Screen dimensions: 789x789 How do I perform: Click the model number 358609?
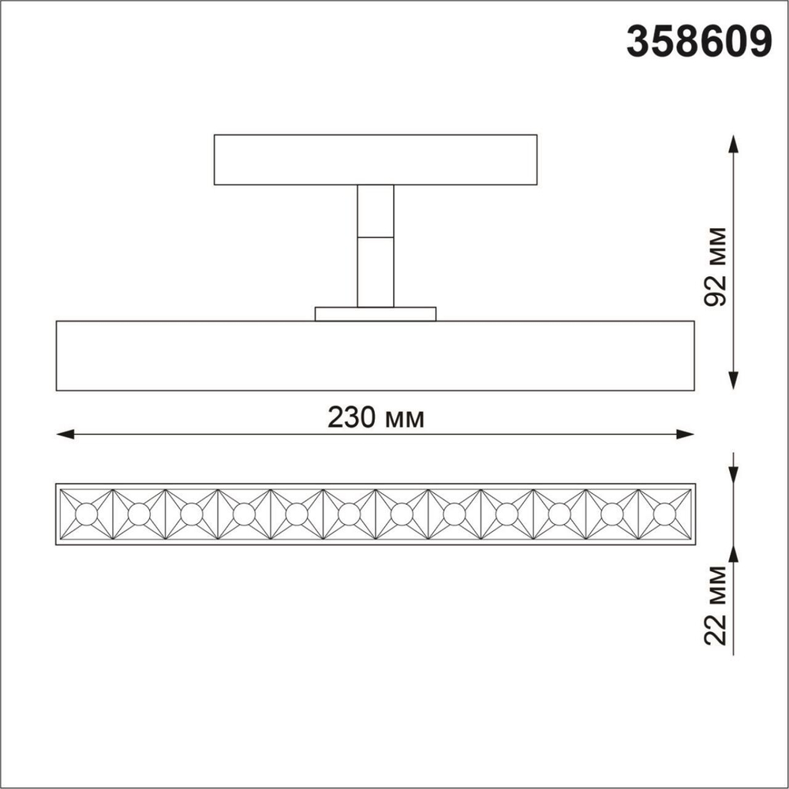point(698,41)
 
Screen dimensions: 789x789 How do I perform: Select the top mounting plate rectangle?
point(376,159)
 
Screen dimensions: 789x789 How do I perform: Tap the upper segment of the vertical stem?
point(376,211)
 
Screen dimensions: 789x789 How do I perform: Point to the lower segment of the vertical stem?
point(376,271)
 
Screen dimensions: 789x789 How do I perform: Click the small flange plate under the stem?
point(376,314)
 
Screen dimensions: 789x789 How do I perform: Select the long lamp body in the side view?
point(376,356)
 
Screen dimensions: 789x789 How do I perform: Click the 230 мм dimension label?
point(376,417)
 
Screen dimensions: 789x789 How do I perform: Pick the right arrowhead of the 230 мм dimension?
point(686,434)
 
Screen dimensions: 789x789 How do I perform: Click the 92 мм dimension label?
point(716,268)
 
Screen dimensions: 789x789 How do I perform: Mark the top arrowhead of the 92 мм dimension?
point(734,144)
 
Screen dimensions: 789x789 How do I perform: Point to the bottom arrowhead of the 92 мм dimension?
point(734,380)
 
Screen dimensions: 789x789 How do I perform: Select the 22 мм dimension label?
point(716,606)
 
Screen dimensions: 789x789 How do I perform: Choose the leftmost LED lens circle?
point(86,514)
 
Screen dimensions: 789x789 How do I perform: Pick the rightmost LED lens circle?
point(664,514)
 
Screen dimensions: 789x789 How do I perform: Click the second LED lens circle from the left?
point(139,514)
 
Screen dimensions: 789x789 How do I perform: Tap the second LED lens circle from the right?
point(611,514)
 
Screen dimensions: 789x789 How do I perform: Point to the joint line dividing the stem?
point(376,237)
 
